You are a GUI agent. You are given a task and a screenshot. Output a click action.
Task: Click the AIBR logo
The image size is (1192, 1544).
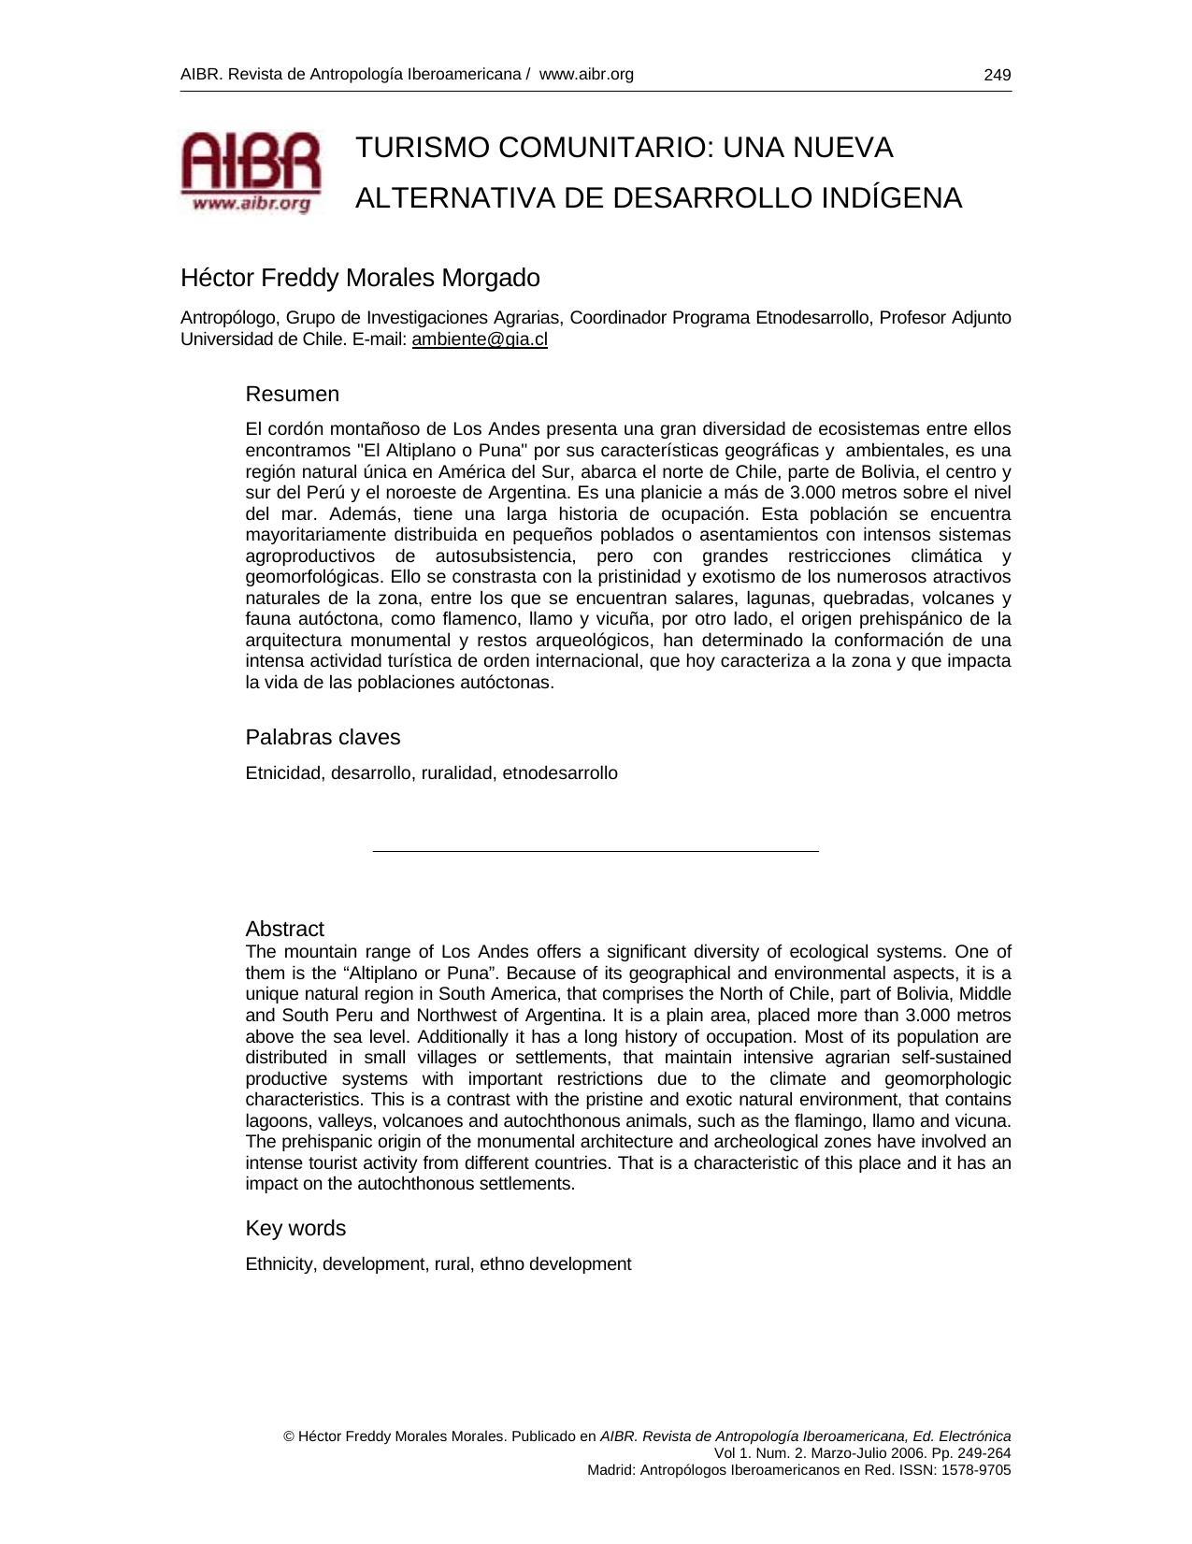tap(251, 172)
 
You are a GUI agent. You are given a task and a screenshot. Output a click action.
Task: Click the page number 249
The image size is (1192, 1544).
tap(997, 75)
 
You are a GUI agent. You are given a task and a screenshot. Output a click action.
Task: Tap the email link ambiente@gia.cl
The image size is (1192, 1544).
tap(480, 339)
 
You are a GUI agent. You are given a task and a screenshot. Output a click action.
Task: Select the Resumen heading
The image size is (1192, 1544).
tap(292, 394)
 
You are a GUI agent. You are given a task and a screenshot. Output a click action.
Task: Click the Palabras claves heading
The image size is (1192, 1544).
tap(323, 737)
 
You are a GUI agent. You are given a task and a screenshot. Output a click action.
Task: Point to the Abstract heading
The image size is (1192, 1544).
tap(284, 929)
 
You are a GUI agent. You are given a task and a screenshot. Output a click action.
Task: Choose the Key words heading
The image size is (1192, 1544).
tap(295, 1228)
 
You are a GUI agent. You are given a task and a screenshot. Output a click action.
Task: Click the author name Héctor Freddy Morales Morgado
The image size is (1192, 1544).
tap(360, 278)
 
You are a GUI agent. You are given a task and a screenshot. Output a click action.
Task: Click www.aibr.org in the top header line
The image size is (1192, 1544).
tap(586, 74)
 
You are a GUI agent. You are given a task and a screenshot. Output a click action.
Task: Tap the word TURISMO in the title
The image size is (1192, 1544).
tap(422, 148)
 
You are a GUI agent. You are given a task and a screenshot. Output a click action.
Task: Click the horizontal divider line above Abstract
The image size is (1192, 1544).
tap(596, 851)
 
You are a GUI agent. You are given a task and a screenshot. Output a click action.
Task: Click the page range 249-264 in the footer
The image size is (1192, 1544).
tap(984, 1453)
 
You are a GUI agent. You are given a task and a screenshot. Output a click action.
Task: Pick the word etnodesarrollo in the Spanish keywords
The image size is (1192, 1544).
tap(560, 773)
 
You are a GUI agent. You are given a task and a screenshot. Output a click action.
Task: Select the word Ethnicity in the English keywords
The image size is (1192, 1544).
tap(280, 1264)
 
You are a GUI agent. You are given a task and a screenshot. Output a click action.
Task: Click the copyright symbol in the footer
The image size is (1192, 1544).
tap(289, 1436)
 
